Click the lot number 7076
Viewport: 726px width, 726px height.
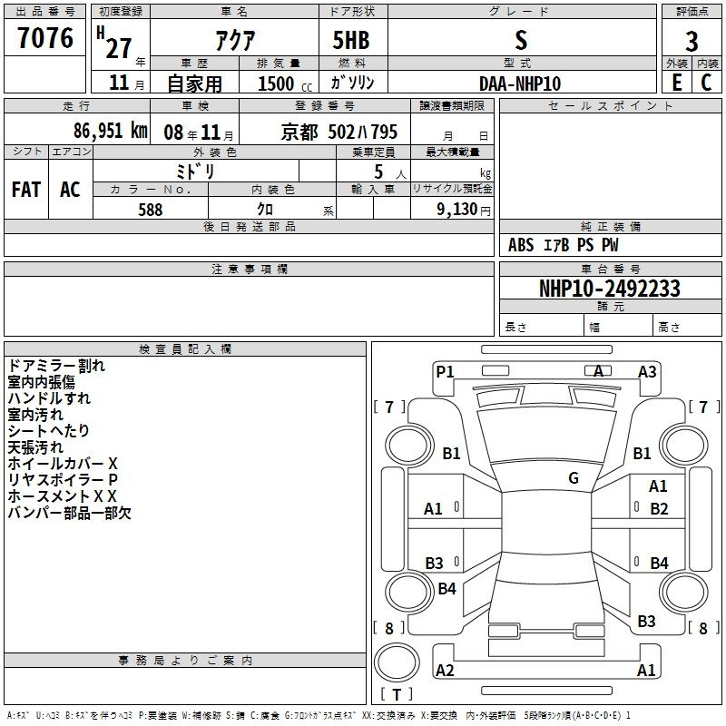tap(45, 38)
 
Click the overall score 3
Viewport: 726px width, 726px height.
tap(692, 42)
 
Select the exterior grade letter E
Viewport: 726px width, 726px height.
tap(677, 83)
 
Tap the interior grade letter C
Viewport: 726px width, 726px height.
tap(706, 83)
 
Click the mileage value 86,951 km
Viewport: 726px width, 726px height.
tap(111, 131)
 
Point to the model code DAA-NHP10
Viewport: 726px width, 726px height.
tap(520, 83)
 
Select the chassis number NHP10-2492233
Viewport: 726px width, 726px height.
tap(610, 289)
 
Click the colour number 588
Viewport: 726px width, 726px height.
tap(151, 210)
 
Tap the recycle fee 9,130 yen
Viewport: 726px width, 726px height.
tap(464, 210)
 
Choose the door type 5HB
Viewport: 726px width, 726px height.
tap(351, 40)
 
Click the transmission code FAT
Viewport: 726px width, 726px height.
tap(26, 190)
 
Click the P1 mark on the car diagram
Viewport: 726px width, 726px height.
tap(445, 372)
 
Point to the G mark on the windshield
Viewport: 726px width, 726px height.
tap(574, 478)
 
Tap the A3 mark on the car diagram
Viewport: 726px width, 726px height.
tap(647, 372)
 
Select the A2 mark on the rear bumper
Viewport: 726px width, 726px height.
tap(445, 670)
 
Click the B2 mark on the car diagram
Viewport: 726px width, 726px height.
tap(659, 509)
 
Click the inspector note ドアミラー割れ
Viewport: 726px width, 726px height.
tap(56, 366)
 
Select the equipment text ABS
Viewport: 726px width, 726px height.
tap(521, 245)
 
